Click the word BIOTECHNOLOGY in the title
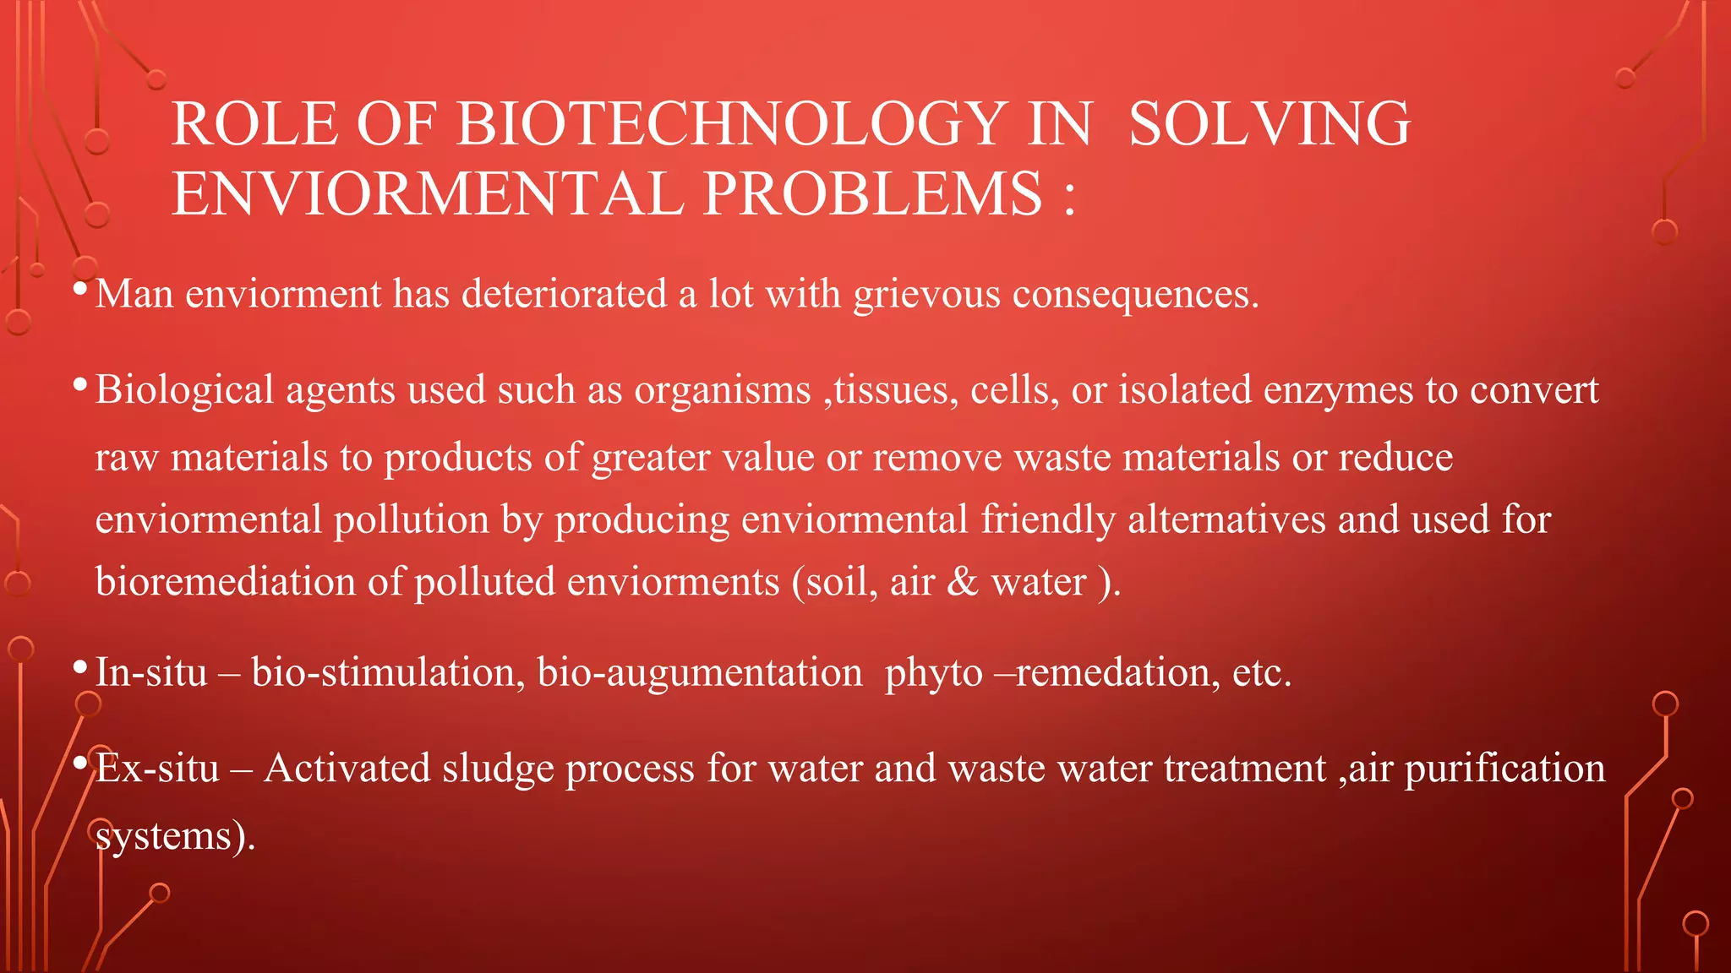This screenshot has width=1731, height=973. [732, 123]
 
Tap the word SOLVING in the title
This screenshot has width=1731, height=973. [1270, 123]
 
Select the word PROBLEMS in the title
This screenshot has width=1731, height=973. [872, 193]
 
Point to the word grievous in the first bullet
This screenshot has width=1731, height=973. [926, 295]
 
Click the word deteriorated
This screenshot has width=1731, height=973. [564, 294]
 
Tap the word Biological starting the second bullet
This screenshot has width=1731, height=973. [184, 391]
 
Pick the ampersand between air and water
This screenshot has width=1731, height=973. [962, 582]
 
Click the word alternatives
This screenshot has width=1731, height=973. [1226, 519]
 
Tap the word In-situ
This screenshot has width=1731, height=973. [151, 672]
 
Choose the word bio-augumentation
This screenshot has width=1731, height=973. [700, 674]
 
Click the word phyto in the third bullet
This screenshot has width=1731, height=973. [933, 674]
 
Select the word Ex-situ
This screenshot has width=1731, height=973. [157, 769]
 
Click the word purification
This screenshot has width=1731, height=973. [1504, 769]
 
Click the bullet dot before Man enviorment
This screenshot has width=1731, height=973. [80, 289]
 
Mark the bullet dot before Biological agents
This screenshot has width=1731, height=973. [80, 385]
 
